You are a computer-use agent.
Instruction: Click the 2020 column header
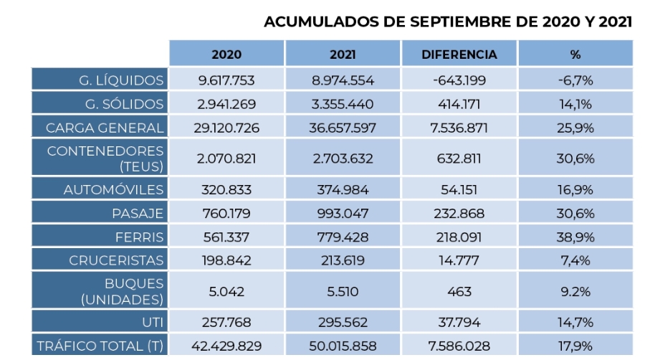point(226,55)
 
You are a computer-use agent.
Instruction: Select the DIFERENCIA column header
point(459,55)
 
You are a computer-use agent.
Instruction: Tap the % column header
point(575,55)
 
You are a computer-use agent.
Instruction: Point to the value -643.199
point(459,80)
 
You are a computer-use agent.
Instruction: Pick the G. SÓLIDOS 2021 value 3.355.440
point(343,104)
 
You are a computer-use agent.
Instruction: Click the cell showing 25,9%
point(575,128)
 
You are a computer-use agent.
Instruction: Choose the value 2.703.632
point(343,158)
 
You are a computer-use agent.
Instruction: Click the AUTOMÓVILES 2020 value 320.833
point(226,190)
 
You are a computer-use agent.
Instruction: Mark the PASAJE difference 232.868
point(459,214)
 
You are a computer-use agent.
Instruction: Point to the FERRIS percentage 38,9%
point(575,237)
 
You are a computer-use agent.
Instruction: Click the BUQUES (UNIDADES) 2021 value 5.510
point(343,291)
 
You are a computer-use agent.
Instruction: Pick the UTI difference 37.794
point(459,323)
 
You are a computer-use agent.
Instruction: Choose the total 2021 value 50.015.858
point(343,346)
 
